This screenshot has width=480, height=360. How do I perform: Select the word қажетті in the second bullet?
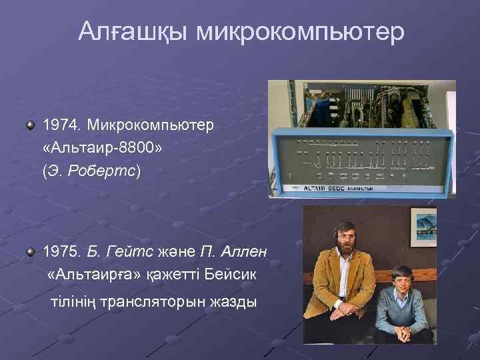175,275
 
